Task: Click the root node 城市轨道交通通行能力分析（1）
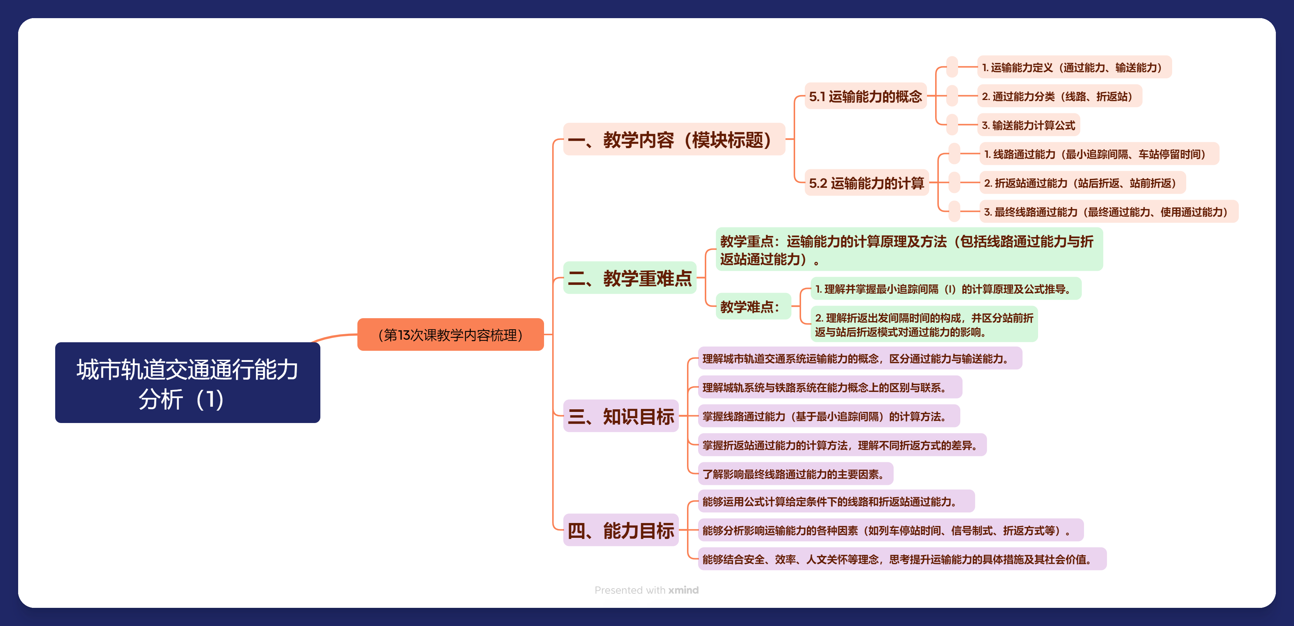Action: pyautogui.click(x=187, y=383)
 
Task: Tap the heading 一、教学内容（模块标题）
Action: pyautogui.click(x=673, y=140)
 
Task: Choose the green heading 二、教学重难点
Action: pyautogui.click(x=630, y=278)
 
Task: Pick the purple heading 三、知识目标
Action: pyautogui.click(x=620, y=416)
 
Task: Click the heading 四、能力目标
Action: pyautogui.click(x=620, y=530)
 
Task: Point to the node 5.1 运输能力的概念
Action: pyautogui.click(x=865, y=96)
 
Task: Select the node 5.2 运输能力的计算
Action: pyautogui.click(x=866, y=183)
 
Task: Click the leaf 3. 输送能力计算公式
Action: pyautogui.click(x=1028, y=125)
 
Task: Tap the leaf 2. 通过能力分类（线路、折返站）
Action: pyautogui.click(x=1059, y=96)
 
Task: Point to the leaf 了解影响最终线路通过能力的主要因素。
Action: pyautogui.click(x=795, y=474)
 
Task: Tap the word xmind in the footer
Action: pyautogui.click(x=683, y=590)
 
